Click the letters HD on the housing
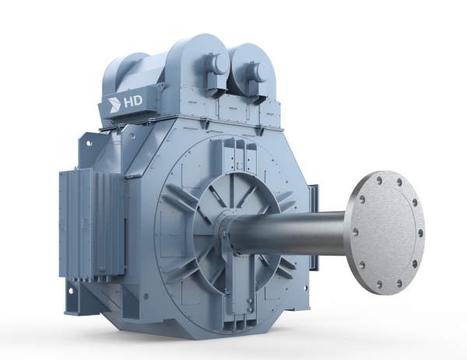pyautogui.click(x=133, y=102)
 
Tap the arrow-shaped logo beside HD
pyautogui.click(x=114, y=105)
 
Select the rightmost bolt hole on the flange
pyautogui.click(x=420, y=232)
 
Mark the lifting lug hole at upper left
pyautogui.click(x=89, y=143)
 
